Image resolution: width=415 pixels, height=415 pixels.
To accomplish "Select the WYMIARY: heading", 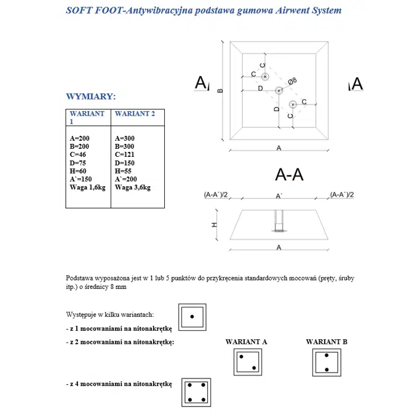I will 90,97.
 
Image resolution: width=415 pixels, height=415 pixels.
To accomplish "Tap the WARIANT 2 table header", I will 135,114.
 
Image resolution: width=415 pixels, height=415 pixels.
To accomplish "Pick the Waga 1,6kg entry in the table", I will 88,187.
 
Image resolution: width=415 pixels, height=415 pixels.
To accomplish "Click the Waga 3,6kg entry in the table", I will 132,187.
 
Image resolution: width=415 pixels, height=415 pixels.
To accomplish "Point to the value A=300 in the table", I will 125,139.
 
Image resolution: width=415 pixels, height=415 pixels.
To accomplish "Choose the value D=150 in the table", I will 125,163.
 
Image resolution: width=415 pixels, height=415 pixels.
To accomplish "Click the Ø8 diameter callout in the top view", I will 293,81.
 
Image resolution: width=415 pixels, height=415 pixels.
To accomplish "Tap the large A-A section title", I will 290,175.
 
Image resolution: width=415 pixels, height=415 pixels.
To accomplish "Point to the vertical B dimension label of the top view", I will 220,91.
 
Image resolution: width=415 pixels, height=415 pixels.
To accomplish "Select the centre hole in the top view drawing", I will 279,90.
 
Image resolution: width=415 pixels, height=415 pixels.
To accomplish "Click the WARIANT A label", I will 246,342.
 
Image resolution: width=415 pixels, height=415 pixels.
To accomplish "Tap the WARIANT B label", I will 326,342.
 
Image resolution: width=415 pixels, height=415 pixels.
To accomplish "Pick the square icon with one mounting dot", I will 192,317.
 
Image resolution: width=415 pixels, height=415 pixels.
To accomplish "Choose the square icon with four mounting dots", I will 196,392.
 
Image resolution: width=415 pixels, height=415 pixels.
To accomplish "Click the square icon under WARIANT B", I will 326,363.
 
